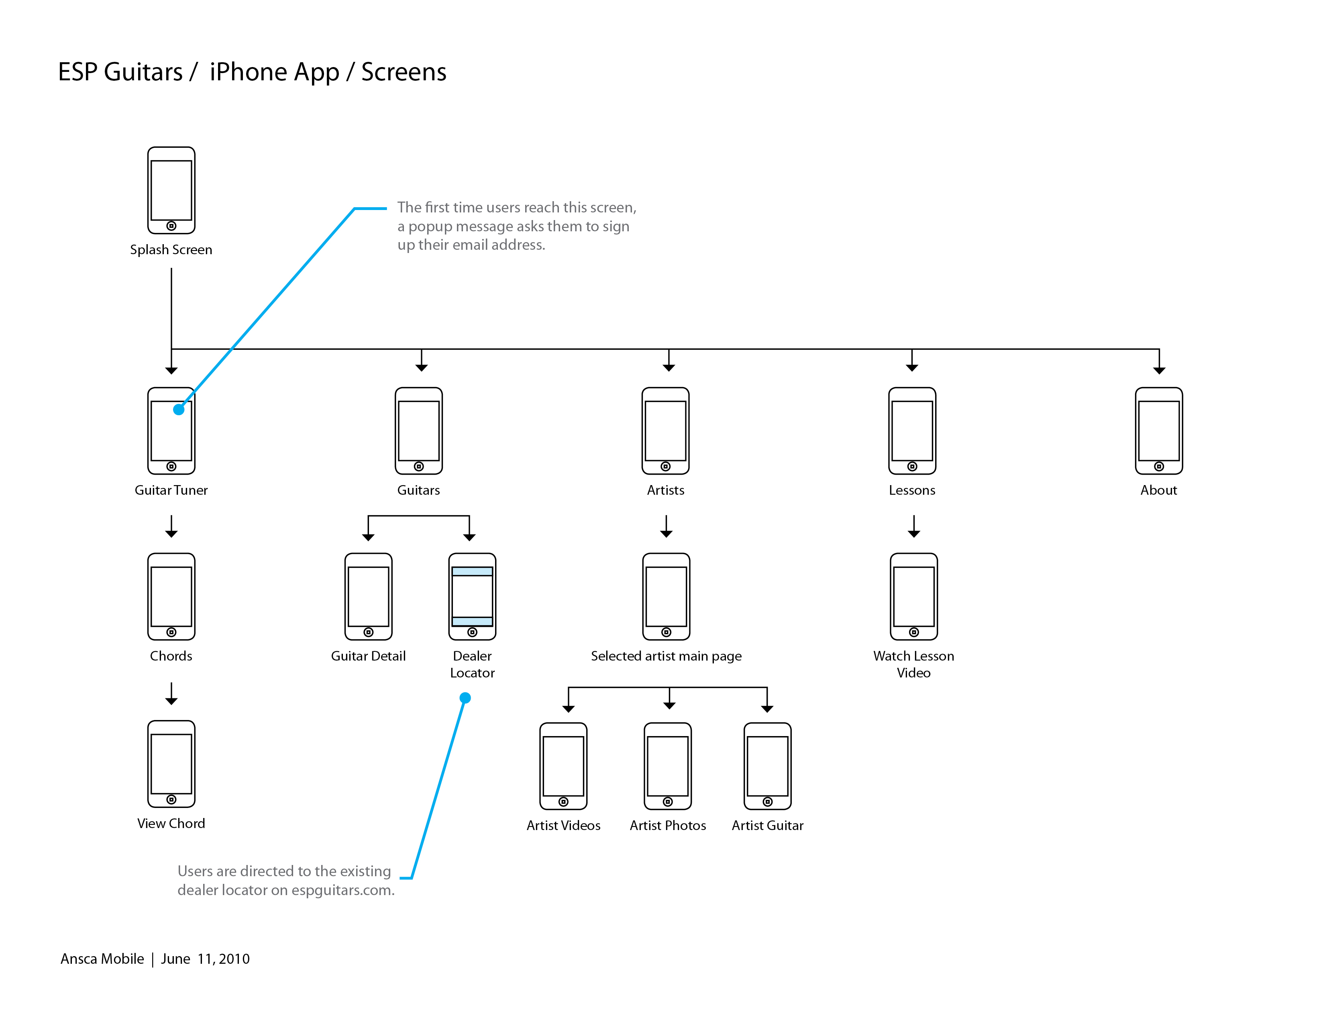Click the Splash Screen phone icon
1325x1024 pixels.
tap(171, 190)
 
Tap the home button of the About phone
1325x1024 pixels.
tap(1159, 467)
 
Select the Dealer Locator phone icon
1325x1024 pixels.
tap(472, 596)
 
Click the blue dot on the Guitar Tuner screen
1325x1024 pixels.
tap(178, 410)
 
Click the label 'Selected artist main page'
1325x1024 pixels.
tap(666, 656)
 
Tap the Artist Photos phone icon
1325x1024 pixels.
tap(667, 765)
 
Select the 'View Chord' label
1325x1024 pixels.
tap(171, 823)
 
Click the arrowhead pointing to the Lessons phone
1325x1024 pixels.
tap(912, 367)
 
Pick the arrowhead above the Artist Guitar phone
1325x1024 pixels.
tap(767, 708)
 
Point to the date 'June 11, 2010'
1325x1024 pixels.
tap(205, 959)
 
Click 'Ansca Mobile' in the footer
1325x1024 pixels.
tap(102, 959)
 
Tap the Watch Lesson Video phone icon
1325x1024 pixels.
tap(914, 596)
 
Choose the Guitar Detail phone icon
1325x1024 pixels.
tap(368, 596)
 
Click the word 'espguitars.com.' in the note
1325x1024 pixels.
tap(343, 890)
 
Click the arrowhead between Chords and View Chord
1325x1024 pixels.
tap(171, 701)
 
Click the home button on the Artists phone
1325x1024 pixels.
tap(666, 467)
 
